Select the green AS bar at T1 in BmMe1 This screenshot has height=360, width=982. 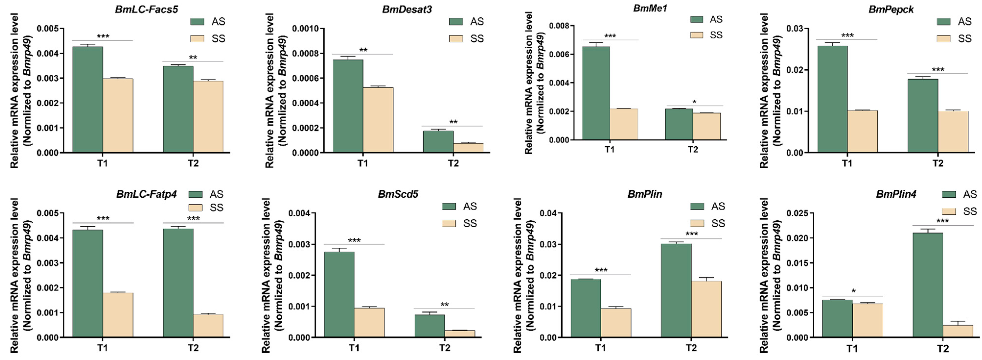(596, 93)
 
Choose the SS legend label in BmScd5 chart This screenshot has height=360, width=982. (470, 223)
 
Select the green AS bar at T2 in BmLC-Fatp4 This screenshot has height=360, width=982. (178, 283)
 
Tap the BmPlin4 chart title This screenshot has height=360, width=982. (896, 194)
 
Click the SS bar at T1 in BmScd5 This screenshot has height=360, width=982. (369, 323)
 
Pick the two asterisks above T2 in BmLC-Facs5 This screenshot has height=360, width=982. (193, 58)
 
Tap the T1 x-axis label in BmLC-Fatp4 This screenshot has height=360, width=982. (102, 348)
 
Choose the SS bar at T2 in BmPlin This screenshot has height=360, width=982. (706, 309)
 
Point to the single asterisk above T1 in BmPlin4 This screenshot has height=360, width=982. (854, 291)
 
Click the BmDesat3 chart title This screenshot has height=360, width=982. (407, 9)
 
